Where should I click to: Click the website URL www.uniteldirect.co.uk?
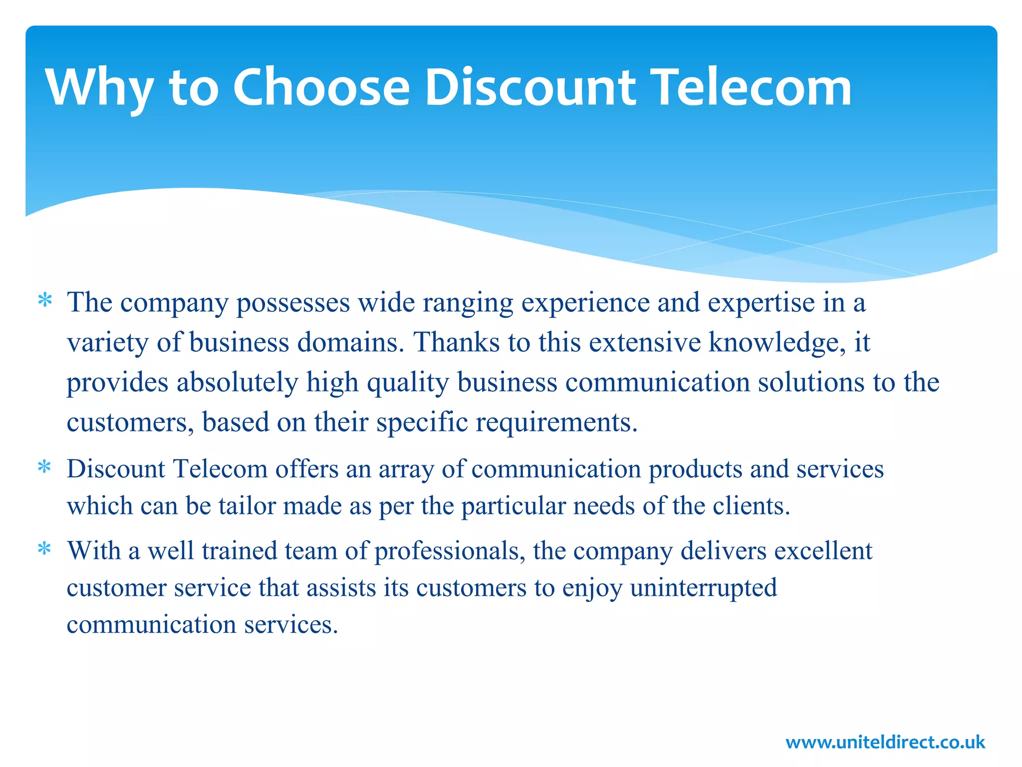[885, 742]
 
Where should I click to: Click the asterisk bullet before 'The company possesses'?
[45, 302]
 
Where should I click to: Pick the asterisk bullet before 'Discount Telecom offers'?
[45, 468]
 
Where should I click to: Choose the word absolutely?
[237, 383]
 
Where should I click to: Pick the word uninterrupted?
[703, 588]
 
